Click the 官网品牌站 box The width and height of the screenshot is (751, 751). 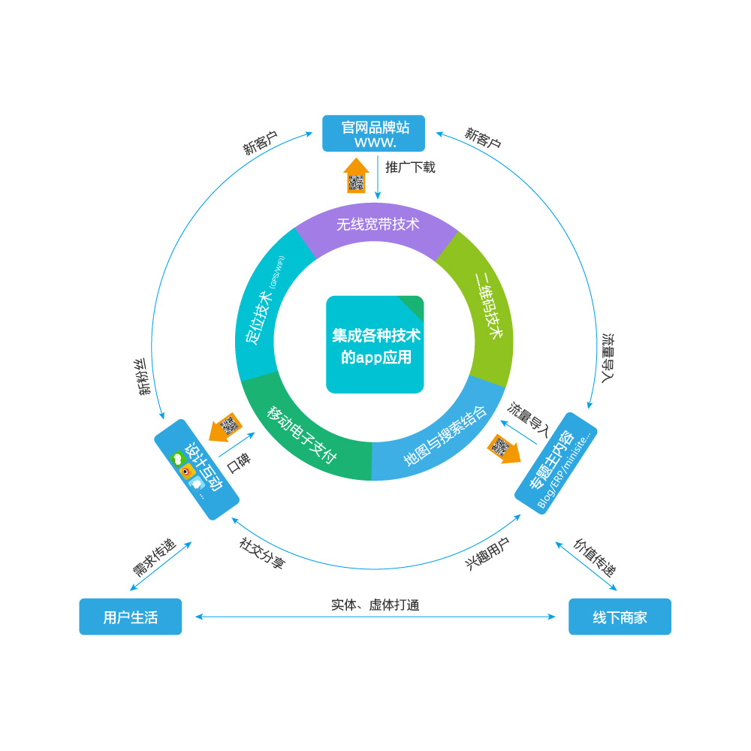click(x=373, y=133)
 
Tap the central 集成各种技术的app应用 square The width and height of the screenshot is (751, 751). click(x=375, y=345)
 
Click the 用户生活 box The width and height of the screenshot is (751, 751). click(x=131, y=617)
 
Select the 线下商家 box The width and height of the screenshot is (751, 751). click(x=620, y=617)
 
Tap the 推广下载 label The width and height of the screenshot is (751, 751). click(x=410, y=167)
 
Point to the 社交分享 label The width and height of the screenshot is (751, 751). click(x=262, y=553)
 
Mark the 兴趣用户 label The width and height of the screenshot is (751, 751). click(x=487, y=554)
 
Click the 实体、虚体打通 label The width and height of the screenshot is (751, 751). click(x=375, y=605)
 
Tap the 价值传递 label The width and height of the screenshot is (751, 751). click(x=596, y=556)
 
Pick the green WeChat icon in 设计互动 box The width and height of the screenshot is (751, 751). click(x=178, y=457)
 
